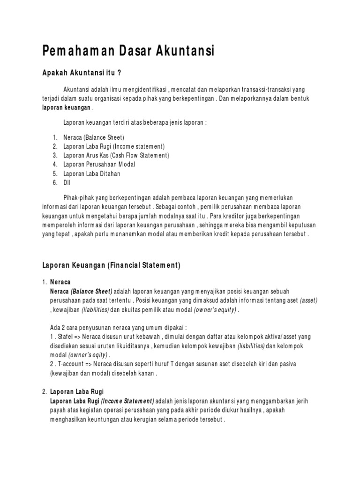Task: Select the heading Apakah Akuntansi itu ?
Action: [82, 73]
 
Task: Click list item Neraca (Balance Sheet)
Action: [93, 137]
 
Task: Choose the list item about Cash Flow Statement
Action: [116, 155]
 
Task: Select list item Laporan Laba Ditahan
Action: [91, 173]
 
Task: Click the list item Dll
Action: [67, 182]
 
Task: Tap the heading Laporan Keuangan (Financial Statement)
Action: [111, 265]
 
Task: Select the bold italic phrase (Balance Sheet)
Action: [92, 292]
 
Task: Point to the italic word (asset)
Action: [308, 300]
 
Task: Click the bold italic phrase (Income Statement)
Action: [127, 401]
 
